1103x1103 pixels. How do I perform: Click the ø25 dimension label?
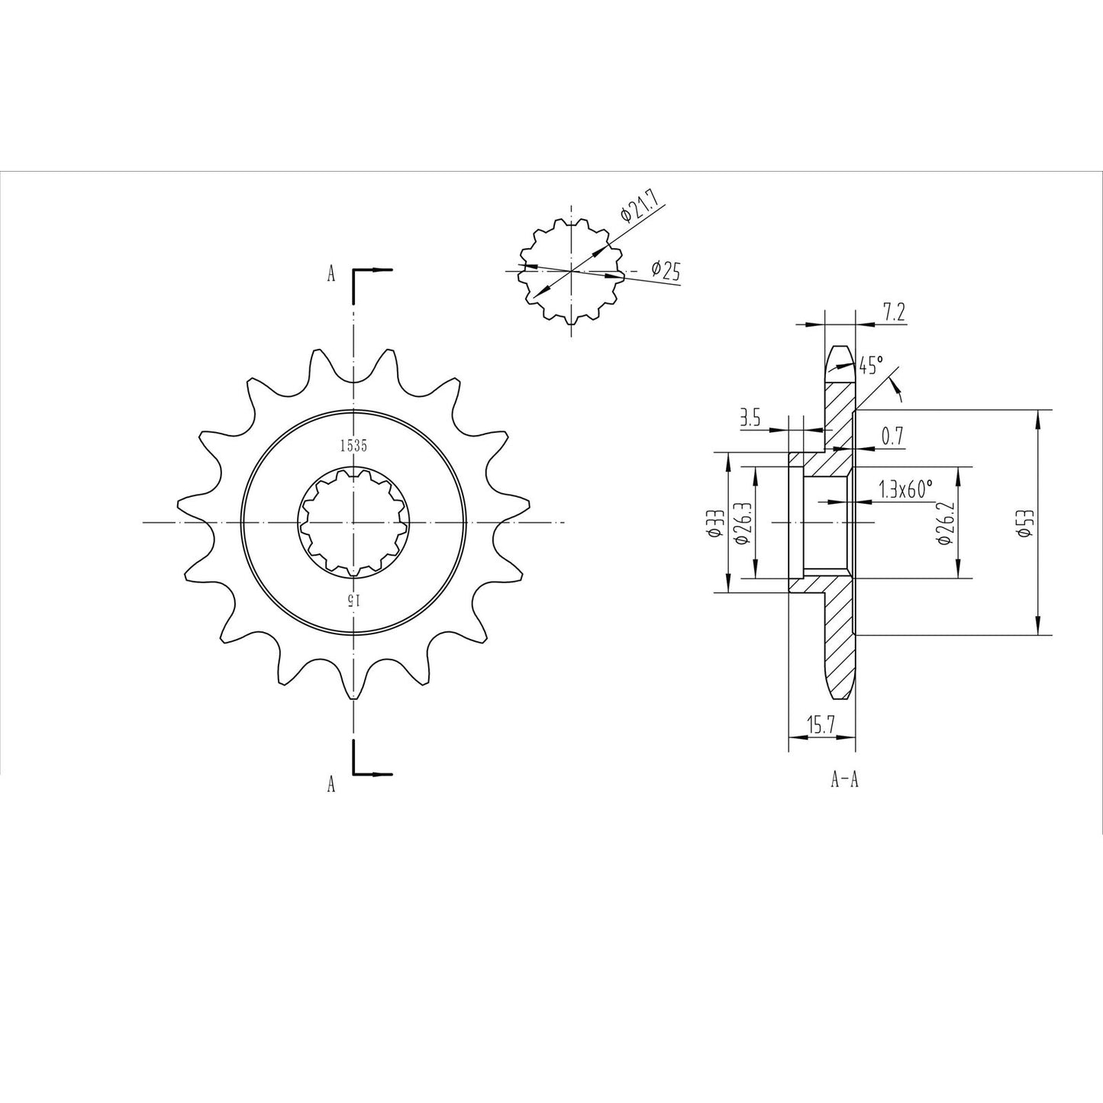(666, 269)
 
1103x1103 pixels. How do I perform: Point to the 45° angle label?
(870, 365)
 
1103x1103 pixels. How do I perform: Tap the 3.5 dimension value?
(751, 419)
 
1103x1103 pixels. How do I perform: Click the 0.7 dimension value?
(892, 437)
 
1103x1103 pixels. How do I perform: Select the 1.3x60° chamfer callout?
(906, 489)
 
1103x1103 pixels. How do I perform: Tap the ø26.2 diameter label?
(944, 523)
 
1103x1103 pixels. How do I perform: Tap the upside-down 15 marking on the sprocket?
(352, 598)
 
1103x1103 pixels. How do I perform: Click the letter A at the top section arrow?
(331, 274)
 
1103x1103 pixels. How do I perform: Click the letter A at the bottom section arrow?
(331, 783)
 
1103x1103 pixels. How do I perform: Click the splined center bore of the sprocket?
(353, 522)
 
